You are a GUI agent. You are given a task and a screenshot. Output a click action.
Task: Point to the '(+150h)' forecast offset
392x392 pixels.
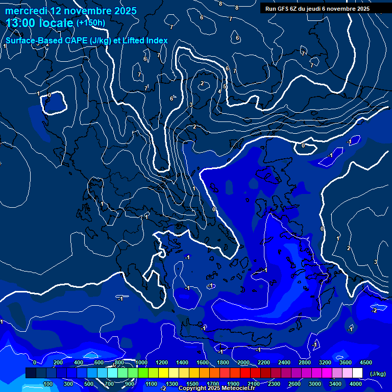point(90,23)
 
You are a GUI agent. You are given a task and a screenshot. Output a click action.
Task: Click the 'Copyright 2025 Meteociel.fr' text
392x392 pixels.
point(217,388)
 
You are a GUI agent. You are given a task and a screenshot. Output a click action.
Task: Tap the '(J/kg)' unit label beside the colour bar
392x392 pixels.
point(378,374)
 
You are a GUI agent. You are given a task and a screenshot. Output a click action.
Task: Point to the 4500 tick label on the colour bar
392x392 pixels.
point(366,362)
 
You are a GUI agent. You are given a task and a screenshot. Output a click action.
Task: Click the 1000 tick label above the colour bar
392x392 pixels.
point(141,362)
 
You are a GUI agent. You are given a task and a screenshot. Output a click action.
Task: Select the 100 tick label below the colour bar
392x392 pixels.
point(48,384)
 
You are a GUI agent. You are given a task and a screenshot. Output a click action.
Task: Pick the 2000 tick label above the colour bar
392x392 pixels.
point(243,362)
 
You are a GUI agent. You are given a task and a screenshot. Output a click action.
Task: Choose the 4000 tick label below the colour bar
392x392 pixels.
point(356,384)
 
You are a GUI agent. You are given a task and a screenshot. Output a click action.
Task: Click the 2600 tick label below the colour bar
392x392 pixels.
point(294,384)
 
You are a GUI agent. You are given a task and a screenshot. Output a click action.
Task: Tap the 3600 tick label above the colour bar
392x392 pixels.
point(346,362)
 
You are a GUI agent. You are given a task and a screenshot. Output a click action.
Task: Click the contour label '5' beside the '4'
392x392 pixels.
point(224,87)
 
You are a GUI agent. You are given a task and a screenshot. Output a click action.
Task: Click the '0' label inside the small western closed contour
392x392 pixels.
point(49,95)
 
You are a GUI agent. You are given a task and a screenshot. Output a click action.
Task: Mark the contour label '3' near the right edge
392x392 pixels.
point(375,262)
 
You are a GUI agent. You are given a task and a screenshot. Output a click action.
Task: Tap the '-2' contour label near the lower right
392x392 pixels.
point(374,310)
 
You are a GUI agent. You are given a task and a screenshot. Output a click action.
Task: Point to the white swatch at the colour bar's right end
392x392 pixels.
point(358,374)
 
